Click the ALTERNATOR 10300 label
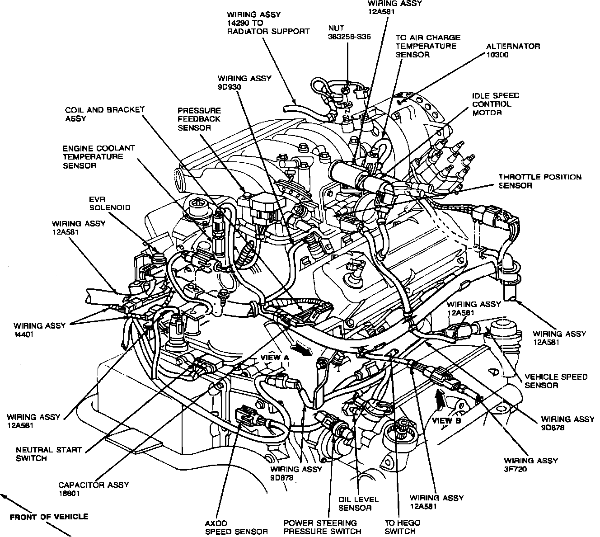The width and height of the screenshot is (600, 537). point(513,50)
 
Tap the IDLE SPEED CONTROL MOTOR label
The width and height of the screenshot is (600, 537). point(496,104)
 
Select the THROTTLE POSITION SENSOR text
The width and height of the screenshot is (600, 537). point(540,181)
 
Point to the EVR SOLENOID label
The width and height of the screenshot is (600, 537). point(110,203)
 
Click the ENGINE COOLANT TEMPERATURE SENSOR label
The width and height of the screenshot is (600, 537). point(99,157)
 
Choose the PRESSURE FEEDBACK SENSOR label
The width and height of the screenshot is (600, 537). point(199,119)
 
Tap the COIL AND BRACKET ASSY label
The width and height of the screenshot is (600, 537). point(104,114)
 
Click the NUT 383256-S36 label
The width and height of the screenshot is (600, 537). point(349,32)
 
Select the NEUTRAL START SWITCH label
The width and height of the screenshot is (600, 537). point(48,454)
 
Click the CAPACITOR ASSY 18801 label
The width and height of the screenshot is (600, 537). point(94,489)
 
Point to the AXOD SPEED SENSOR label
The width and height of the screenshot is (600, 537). point(236,527)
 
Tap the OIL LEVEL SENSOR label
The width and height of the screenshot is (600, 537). point(358,504)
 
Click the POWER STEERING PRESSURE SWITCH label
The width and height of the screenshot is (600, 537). point(322,527)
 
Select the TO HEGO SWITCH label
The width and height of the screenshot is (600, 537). point(402,527)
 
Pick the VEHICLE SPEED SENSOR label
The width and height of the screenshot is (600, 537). point(556,381)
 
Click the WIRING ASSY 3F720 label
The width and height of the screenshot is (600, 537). point(531,465)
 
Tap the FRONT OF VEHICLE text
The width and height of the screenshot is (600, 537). point(49,517)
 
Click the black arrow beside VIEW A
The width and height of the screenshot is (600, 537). point(302,349)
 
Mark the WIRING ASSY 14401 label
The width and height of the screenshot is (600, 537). point(39,330)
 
